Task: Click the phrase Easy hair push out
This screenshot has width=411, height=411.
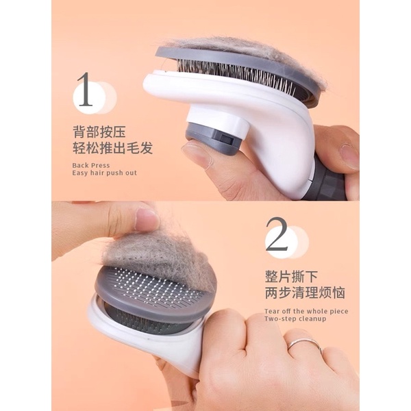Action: pyautogui.click(x=104, y=173)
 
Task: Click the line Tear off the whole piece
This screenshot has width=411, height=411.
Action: pyautogui.click(x=306, y=311)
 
